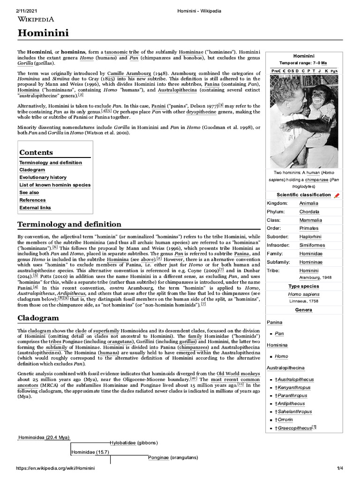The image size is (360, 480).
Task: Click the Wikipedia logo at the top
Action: point(36,19)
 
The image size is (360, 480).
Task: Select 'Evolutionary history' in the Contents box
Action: point(43,177)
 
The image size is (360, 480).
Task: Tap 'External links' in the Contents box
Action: point(35,207)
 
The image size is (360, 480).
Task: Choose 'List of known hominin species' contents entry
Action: point(55,185)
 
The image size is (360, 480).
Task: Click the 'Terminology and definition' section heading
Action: point(69,224)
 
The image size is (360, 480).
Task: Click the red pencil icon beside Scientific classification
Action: point(337,195)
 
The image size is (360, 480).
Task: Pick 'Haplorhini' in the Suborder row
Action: point(310,237)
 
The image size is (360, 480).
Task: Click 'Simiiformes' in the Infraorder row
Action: point(312,245)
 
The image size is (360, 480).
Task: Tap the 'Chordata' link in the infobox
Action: point(309,211)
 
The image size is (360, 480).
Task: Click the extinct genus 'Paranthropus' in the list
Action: point(292,396)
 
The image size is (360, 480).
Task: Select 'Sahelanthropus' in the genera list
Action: point(295,412)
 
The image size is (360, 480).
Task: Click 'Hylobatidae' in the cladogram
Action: point(123,442)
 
